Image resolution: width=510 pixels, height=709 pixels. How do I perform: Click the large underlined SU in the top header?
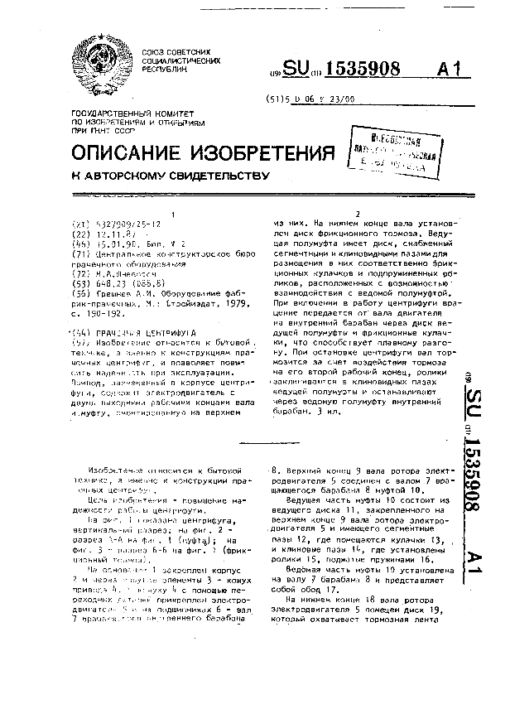(x=302, y=71)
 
